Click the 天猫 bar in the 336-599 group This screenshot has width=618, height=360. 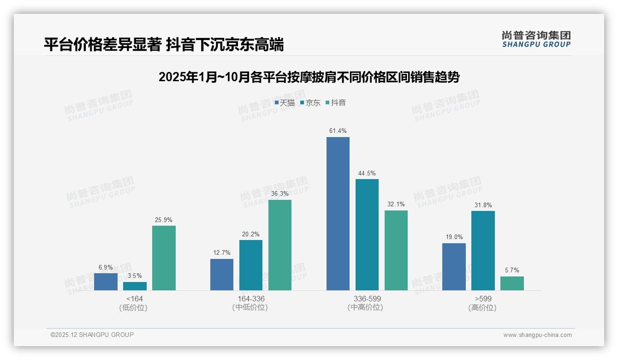pyautogui.click(x=338, y=214)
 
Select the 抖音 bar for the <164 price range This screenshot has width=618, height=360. pyautogui.click(x=164, y=258)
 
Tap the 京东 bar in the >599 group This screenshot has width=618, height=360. pyautogui.click(x=483, y=251)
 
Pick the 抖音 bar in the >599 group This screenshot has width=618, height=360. pyautogui.click(x=512, y=283)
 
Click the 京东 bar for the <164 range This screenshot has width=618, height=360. pyautogui.click(x=135, y=286)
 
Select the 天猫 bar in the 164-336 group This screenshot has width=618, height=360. pyautogui.click(x=222, y=275)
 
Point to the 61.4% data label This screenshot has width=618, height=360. pyautogui.click(x=338, y=131)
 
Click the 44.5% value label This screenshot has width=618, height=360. pyautogui.click(x=367, y=174)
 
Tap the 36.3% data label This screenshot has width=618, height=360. pyautogui.click(x=280, y=194)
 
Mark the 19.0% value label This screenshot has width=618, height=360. pyautogui.click(x=454, y=237)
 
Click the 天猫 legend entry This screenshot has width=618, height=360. pyautogui.click(x=285, y=103)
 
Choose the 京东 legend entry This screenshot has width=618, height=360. pyautogui.click(x=310, y=103)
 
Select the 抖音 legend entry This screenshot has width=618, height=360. pyautogui.click(x=336, y=103)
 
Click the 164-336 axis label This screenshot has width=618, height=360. pyautogui.click(x=251, y=299)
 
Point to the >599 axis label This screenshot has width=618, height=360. pyautogui.click(x=482, y=299)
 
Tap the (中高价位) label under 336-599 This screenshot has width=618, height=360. pyautogui.click(x=367, y=308)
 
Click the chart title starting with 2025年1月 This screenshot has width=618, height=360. pyautogui.click(x=309, y=77)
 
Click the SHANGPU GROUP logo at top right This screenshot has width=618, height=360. pyautogui.click(x=536, y=39)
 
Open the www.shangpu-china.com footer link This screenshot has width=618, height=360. pyautogui.click(x=537, y=335)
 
